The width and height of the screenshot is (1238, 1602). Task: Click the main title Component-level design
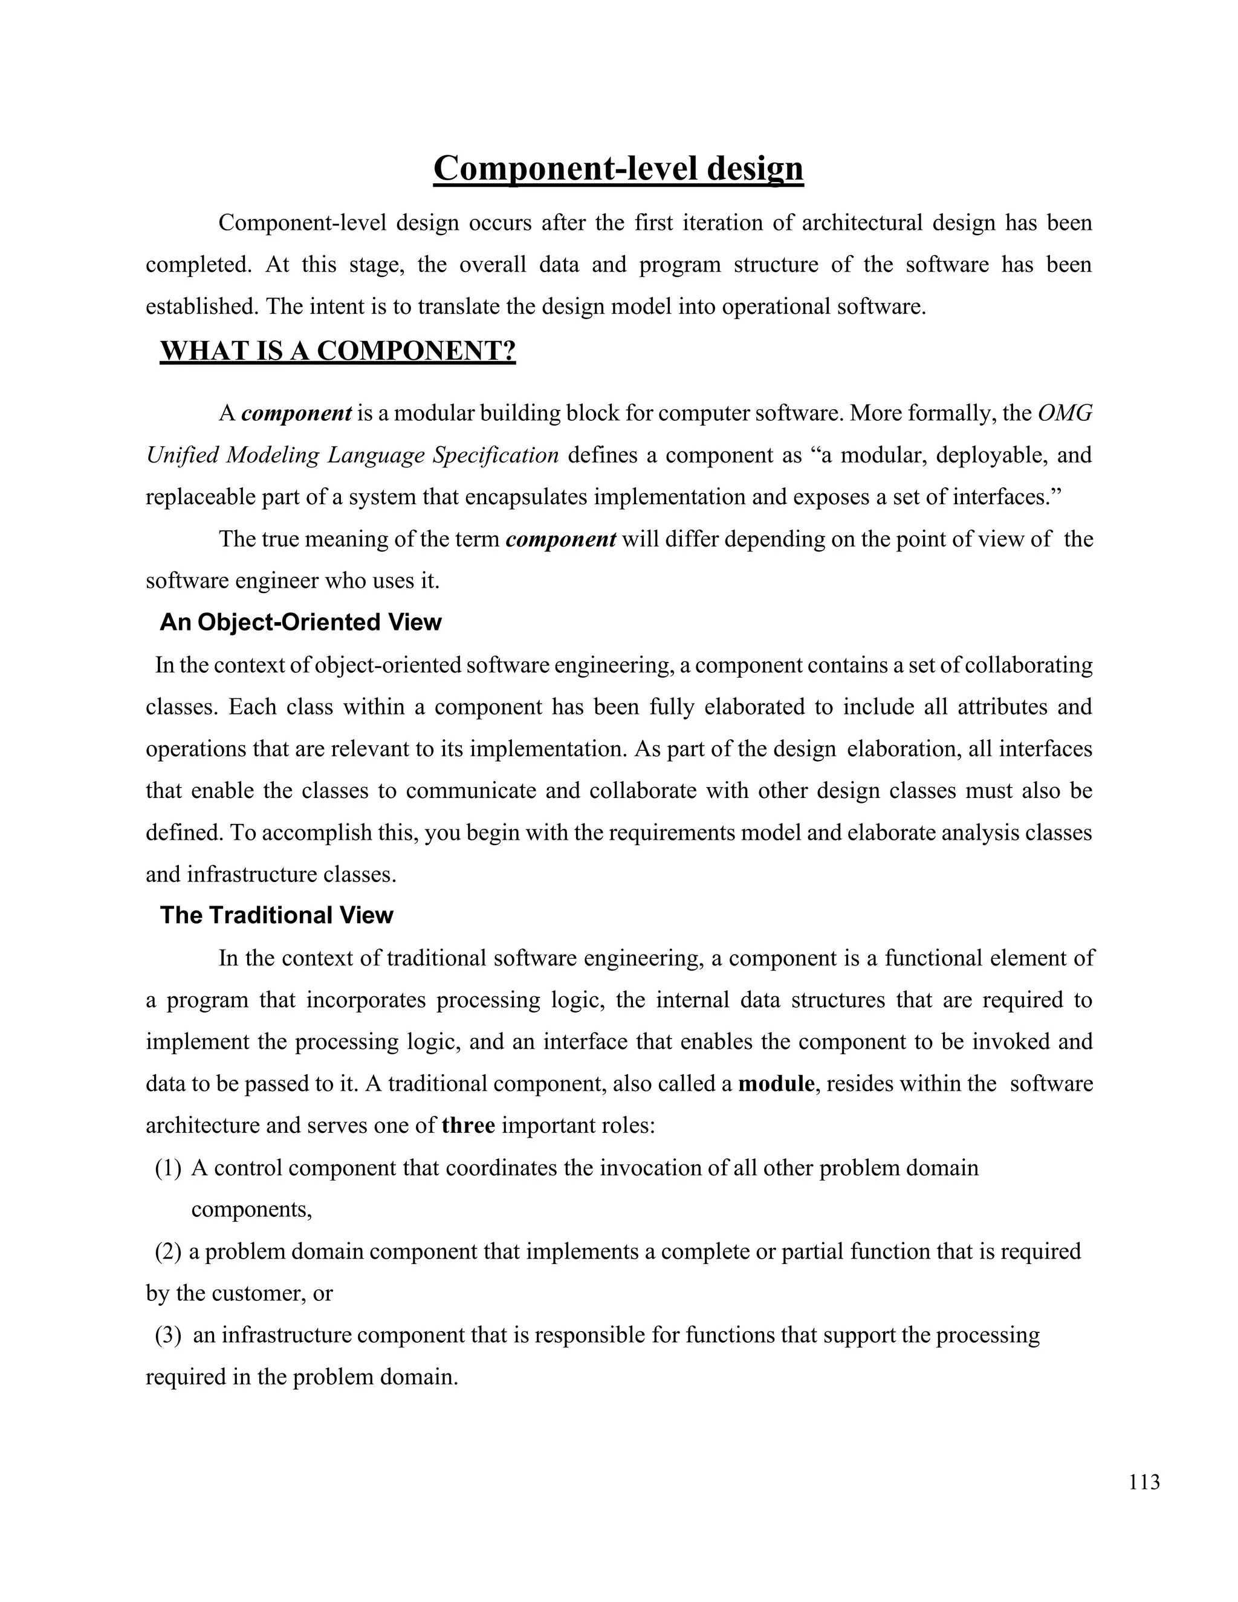pyautogui.click(x=618, y=169)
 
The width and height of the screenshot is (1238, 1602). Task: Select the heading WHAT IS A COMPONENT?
pyautogui.click(x=337, y=351)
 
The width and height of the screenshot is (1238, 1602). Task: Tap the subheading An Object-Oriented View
pyautogui.click(x=300, y=622)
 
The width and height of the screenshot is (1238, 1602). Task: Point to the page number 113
pyautogui.click(x=1145, y=1482)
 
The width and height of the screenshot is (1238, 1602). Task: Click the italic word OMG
pyautogui.click(x=1065, y=413)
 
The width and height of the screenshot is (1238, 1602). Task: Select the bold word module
pyautogui.click(x=776, y=1083)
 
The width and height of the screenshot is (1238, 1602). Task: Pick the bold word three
pyautogui.click(x=468, y=1125)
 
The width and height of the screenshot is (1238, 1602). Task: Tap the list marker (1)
pyautogui.click(x=167, y=1167)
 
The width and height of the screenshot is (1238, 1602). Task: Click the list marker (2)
pyautogui.click(x=167, y=1251)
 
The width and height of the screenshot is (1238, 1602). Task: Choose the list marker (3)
pyautogui.click(x=167, y=1334)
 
